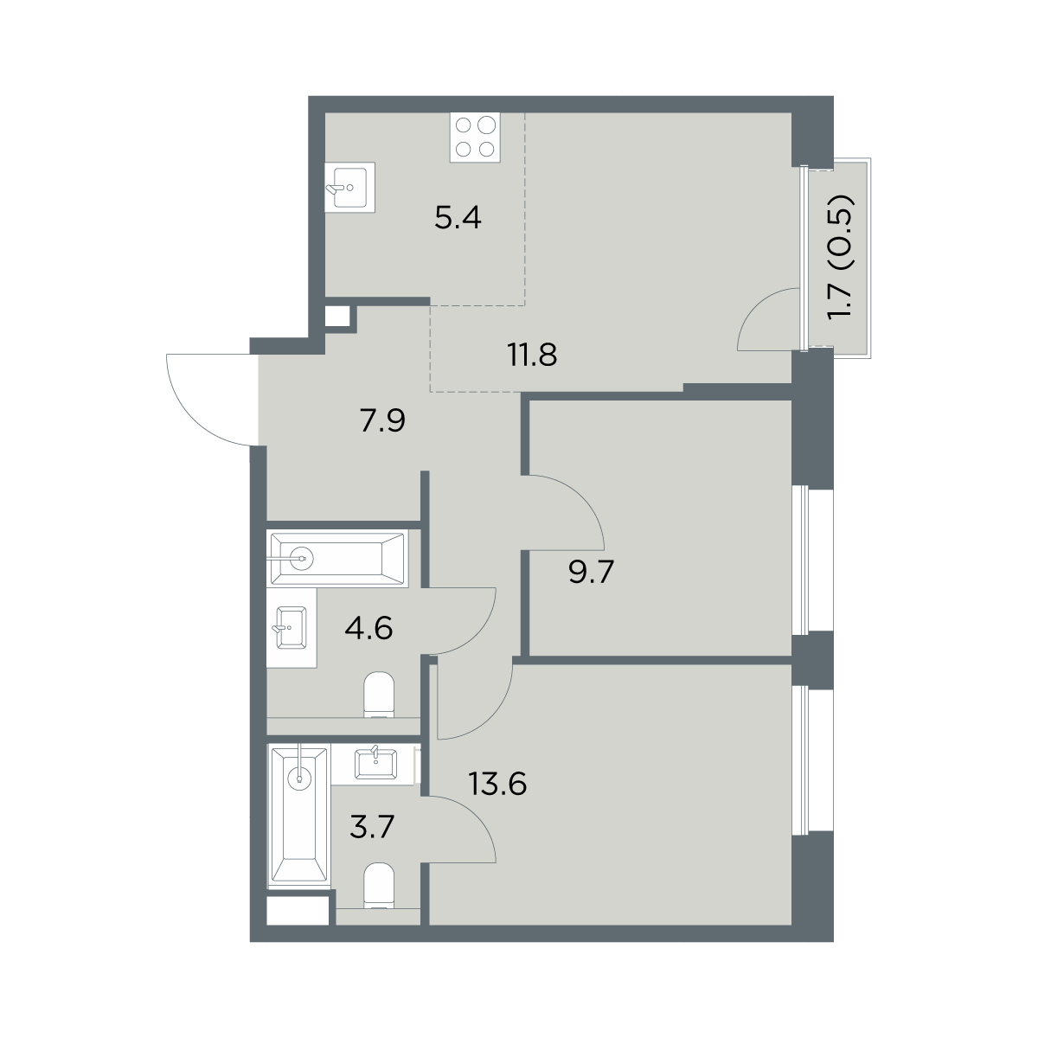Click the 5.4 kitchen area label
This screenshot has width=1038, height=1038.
coord(458,219)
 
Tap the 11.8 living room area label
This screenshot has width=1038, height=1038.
coord(532,355)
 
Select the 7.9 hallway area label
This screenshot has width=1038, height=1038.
coord(382,420)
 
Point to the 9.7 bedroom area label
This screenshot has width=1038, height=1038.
coord(591,572)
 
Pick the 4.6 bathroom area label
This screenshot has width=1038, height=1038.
coord(369,628)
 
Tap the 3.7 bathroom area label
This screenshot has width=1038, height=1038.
coord(372,827)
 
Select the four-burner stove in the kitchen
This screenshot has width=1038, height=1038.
coord(475,137)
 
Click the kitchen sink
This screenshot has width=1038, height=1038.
coord(349,187)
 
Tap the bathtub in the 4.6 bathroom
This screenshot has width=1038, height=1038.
coord(337,559)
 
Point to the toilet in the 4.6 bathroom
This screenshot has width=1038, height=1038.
coord(379,695)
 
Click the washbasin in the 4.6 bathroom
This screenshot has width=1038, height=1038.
coord(291,628)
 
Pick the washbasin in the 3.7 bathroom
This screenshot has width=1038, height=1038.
coord(375,764)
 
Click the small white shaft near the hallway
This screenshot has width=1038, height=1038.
coord(337,317)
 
